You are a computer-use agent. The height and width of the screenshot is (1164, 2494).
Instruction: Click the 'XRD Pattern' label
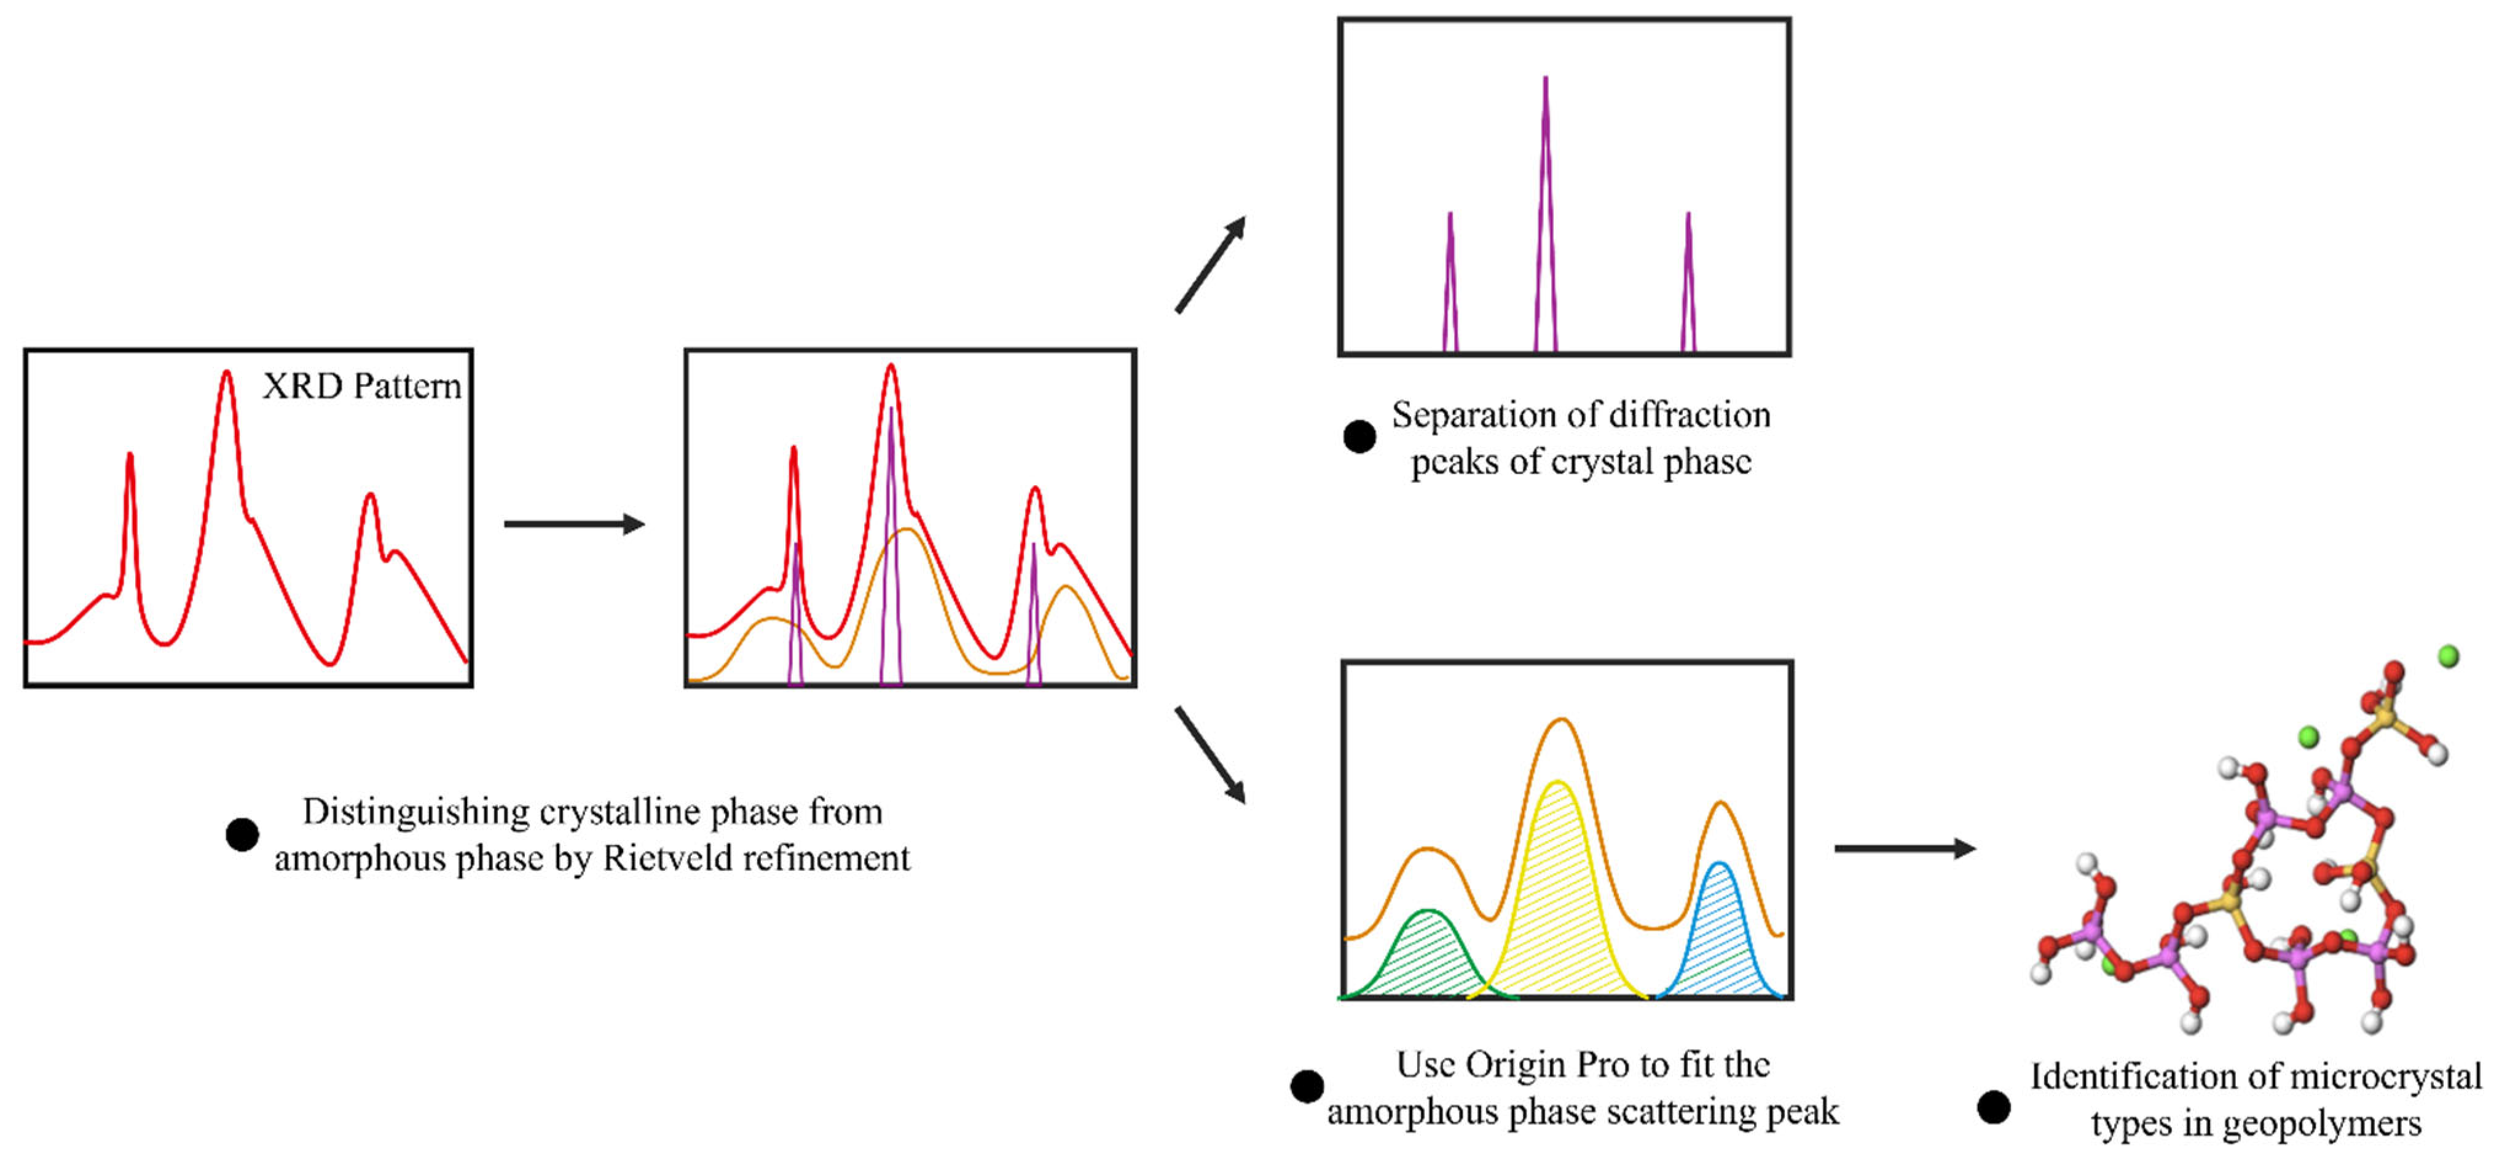(x=361, y=386)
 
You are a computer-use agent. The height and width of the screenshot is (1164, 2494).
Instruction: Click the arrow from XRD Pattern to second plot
(x=574, y=524)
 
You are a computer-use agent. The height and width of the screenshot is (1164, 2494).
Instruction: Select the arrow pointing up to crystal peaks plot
(x=1210, y=264)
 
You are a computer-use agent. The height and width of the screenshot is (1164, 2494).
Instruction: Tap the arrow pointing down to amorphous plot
(x=1210, y=755)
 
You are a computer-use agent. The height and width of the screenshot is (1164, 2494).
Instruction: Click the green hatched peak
(x=1428, y=959)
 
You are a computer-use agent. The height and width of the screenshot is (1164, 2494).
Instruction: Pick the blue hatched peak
(x=1718, y=935)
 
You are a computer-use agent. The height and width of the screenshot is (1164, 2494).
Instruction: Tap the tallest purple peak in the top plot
(x=1545, y=194)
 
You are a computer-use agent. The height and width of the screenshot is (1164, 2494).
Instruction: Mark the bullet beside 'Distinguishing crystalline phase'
(x=242, y=834)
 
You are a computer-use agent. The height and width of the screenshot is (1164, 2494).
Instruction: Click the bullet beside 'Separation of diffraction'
(x=1359, y=437)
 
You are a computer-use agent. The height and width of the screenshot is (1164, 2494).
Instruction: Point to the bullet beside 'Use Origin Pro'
(x=1307, y=1087)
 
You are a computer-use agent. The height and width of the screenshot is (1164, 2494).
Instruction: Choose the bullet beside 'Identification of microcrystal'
(x=1994, y=1107)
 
